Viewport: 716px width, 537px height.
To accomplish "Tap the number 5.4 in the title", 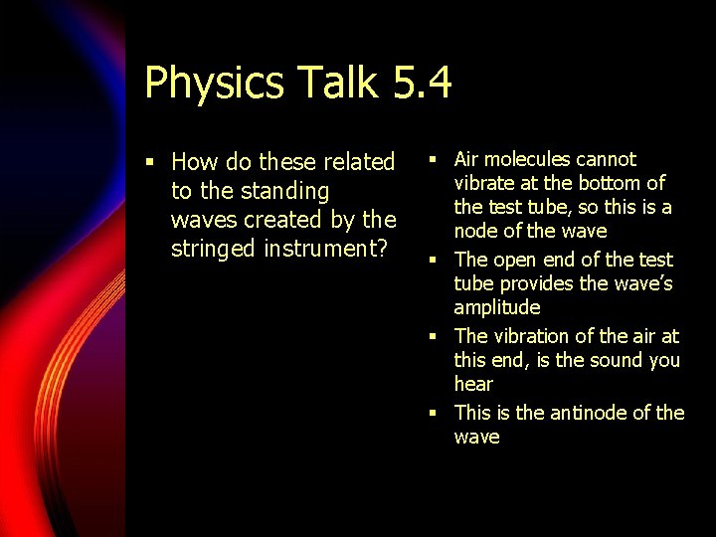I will [422, 83].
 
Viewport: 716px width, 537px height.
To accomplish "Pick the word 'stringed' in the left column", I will [214, 249].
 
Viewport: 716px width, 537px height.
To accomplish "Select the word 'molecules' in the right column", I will [532, 159].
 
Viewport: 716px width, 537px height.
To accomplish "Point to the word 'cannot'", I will [608, 159].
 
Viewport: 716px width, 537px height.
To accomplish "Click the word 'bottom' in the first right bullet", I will [609, 183].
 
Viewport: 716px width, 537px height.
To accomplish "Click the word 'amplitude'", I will [497, 307].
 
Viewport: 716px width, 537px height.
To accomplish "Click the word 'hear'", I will [473, 384].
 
